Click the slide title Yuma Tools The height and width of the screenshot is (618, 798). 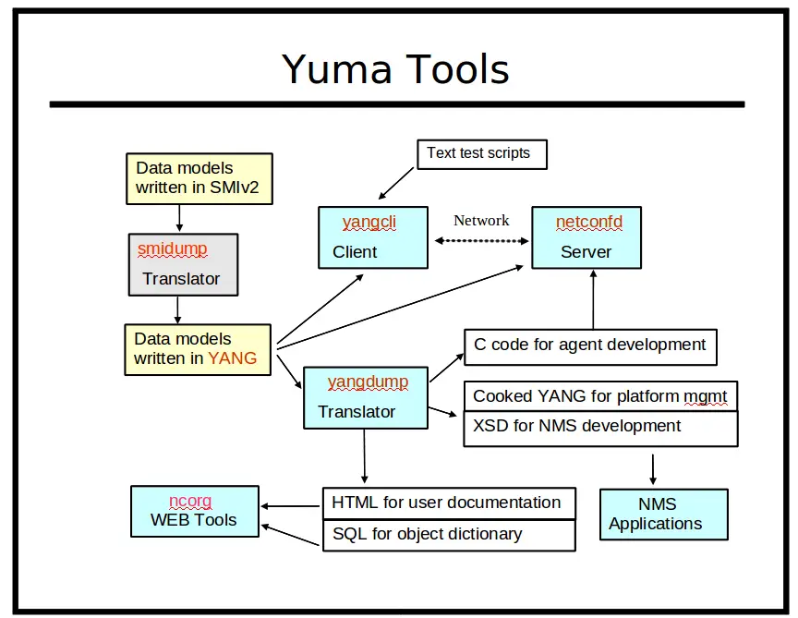point(395,69)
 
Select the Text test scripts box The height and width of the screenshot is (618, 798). point(480,153)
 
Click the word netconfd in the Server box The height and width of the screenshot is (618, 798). point(588,223)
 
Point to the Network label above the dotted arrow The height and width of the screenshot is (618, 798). point(481,221)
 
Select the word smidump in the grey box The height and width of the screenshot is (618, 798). point(173,249)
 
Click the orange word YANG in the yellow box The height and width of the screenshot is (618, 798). point(232,358)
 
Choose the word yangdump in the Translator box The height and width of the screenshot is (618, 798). point(368,382)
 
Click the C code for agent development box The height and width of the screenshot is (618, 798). point(589,345)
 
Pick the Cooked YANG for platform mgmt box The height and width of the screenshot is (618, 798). point(599,396)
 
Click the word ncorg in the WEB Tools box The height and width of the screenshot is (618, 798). point(191,501)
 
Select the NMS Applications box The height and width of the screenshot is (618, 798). point(663,515)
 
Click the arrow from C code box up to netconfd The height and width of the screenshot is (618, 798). point(590,298)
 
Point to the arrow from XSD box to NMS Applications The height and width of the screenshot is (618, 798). point(653,468)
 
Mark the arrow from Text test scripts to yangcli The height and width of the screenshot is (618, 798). point(399,182)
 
